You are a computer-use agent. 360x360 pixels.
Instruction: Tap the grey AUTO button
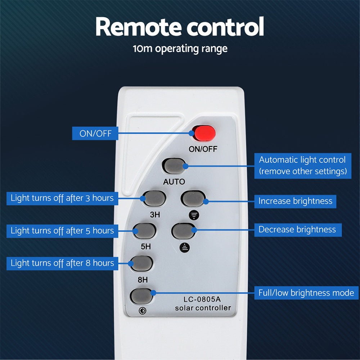[x=174, y=166]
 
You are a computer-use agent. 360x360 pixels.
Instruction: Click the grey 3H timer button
[x=154, y=198]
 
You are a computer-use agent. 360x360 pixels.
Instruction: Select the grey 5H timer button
[x=144, y=231]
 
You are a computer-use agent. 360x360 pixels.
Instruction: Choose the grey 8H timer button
[x=141, y=264]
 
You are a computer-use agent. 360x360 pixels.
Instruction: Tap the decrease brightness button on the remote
[x=183, y=231]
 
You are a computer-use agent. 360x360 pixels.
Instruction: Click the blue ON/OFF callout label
[x=95, y=134]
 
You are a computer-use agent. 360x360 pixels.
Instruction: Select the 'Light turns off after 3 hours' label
[x=62, y=198]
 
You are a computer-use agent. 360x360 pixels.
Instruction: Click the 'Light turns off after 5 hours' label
[x=62, y=231]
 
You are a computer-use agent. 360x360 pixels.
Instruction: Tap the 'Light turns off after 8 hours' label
[x=62, y=264]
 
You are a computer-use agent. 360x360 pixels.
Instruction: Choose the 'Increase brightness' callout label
[x=295, y=201]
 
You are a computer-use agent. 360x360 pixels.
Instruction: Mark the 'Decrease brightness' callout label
[x=297, y=230]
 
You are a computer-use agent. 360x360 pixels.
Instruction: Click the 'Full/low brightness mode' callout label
[x=306, y=293]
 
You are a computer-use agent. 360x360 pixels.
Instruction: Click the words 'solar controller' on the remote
[x=203, y=308]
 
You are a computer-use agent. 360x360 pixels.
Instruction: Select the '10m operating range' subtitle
[x=180, y=49]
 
